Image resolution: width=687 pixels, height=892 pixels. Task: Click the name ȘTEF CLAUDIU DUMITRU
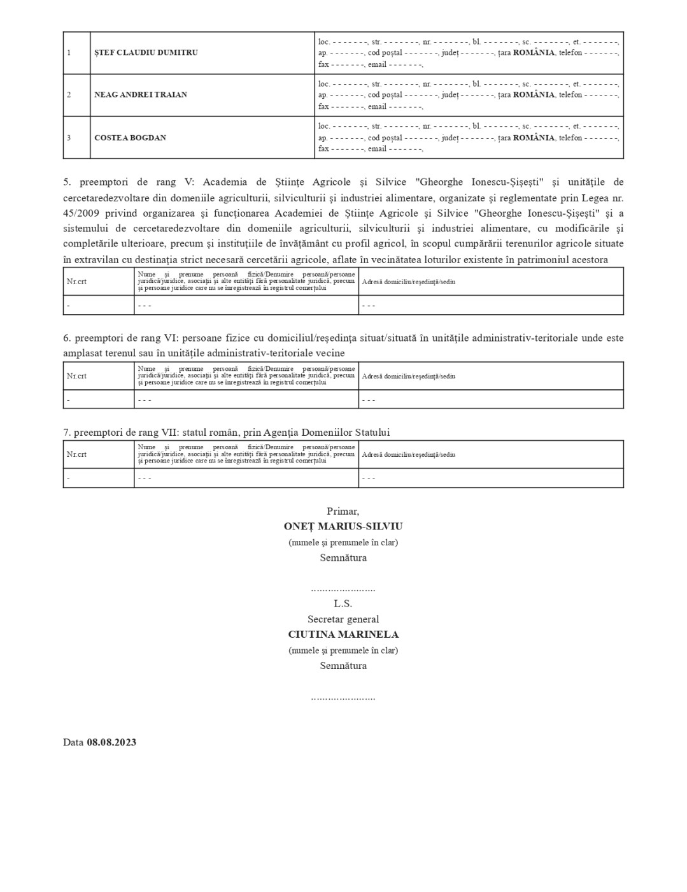(x=146, y=53)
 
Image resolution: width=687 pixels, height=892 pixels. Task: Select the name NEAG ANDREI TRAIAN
(x=141, y=95)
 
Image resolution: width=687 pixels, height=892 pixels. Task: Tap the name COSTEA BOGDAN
(x=130, y=138)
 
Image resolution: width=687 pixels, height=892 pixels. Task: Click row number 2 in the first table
(x=69, y=95)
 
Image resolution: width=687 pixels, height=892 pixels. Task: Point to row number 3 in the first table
(x=69, y=138)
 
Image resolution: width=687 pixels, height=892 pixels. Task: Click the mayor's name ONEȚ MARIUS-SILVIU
(x=343, y=527)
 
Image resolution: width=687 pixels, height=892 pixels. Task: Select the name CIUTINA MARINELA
(x=343, y=635)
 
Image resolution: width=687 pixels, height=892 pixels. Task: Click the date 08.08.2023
(x=111, y=742)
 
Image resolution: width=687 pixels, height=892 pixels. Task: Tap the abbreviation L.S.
(x=343, y=603)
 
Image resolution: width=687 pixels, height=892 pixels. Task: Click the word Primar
(x=343, y=511)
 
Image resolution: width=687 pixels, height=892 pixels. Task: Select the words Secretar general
(x=343, y=619)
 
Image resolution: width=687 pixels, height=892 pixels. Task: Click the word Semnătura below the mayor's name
(x=343, y=558)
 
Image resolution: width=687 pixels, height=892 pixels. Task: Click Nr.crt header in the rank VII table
(x=76, y=455)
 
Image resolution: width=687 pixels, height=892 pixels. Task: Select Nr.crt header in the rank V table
(x=76, y=282)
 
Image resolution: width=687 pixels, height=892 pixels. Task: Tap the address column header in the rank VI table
(x=409, y=377)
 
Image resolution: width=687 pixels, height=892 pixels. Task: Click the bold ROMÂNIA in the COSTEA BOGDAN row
(x=534, y=138)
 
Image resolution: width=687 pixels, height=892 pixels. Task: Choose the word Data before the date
(x=73, y=742)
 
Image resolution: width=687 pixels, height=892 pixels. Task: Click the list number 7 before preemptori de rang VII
(x=66, y=433)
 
